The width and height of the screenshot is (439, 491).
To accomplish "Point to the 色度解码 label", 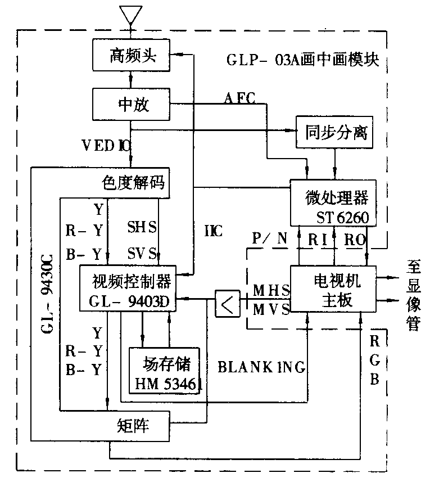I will pyautogui.click(x=134, y=183).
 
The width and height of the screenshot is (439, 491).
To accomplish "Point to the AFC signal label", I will pyautogui.click(x=239, y=98).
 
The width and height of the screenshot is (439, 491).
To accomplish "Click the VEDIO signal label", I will pyautogui.click(x=106, y=145).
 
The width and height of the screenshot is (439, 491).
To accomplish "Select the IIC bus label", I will pyautogui.click(x=214, y=230).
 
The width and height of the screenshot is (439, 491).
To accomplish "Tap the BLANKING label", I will pyautogui.click(x=261, y=367).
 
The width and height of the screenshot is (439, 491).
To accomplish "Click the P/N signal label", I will pyautogui.click(x=269, y=238).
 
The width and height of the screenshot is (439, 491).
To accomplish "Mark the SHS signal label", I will pyautogui.click(x=142, y=228).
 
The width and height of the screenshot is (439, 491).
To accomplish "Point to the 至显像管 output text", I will pyautogui.click(x=414, y=294).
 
